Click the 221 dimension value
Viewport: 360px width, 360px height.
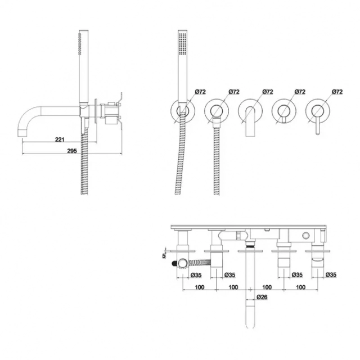coord(60,139)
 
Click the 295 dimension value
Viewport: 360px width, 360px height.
coord(72,151)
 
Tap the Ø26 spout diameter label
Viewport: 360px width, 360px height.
coord(262,297)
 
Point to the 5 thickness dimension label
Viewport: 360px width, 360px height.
coord(164,256)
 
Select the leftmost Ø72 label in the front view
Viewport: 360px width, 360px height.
coord(200,92)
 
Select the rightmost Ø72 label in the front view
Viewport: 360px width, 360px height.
coord(337,92)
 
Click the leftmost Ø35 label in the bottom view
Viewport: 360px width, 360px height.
coord(196,275)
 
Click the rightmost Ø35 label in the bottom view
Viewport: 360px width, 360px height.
coord(331,275)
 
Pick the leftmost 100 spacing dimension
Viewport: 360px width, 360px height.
coord(200,287)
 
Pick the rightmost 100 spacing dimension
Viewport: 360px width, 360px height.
coord(301,287)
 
